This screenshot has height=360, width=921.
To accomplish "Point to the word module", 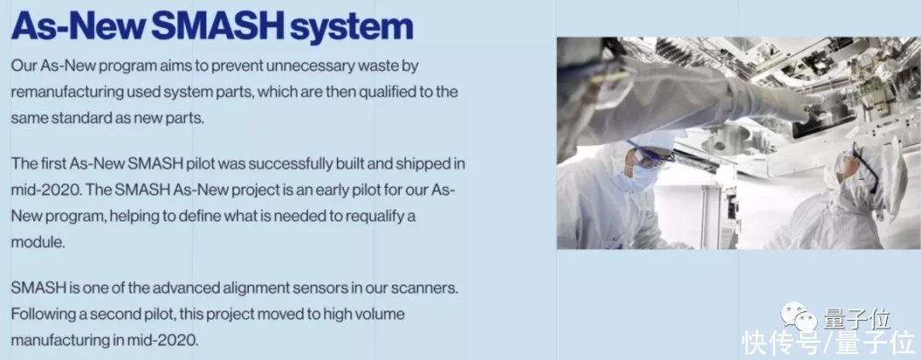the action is pyautogui.click(x=38, y=242).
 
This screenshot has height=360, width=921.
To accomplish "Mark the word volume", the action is pyautogui.click(x=379, y=314).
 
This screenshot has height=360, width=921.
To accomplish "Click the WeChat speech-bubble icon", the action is pyautogui.click(x=799, y=317).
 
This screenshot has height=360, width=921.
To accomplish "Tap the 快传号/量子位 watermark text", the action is pyautogui.click(x=828, y=342).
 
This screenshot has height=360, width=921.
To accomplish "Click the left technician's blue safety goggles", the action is pyautogui.click(x=651, y=154).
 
